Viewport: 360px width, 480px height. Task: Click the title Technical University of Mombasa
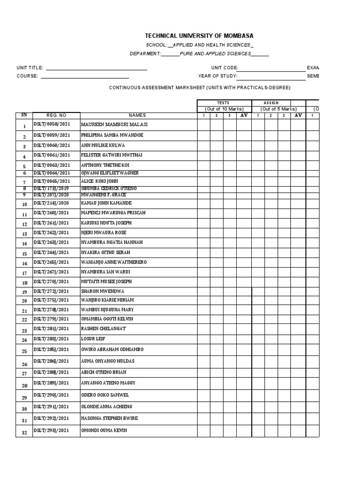point(199,36)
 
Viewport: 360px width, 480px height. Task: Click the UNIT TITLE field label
point(30,68)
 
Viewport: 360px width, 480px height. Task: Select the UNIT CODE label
point(225,68)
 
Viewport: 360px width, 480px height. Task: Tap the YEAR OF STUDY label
point(218,76)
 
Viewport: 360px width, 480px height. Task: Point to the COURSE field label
point(27,76)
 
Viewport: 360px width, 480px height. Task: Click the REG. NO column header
point(56,115)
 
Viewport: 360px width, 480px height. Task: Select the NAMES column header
point(138,115)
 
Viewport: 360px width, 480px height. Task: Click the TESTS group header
point(223,103)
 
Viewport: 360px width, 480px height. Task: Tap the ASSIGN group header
point(271,103)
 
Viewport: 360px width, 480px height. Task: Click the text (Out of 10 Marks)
point(223,109)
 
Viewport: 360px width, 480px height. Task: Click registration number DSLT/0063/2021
point(52,165)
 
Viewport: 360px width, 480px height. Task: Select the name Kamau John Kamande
point(106,203)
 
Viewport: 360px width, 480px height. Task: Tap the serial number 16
point(24,263)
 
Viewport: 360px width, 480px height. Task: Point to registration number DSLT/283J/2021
point(51,339)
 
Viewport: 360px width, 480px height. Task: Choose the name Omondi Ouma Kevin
point(104,430)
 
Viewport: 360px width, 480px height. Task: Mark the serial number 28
point(24,386)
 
